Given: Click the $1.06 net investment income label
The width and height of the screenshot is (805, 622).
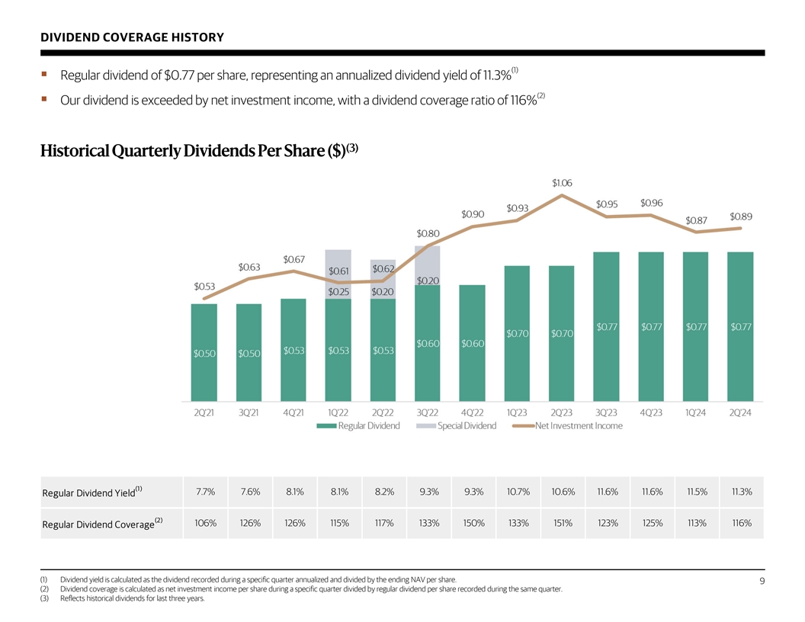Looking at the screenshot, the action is pyautogui.click(x=562, y=183).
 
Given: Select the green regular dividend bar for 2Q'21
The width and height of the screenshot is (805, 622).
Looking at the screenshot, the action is pyautogui.click(x=204, y=353).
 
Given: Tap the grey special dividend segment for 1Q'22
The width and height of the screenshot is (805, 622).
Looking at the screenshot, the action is pyautogui.click(x=338, y=274).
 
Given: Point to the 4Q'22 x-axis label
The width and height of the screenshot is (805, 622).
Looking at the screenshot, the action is pyautogui.click(x=472, y=412).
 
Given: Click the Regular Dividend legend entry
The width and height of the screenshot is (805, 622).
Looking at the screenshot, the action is pyautogui.click(x=358, y=426).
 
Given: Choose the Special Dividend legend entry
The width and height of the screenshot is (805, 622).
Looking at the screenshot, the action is pyautogui.click(x=456, y=426).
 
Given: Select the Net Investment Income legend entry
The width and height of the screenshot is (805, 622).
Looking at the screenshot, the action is pyautogui.click(x=567, y=426).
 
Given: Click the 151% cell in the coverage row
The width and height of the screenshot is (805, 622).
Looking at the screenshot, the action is pyautogui.click(x=563, y=523).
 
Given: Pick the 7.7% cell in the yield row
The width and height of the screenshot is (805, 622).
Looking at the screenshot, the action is pyautogui.click(x=205, y=492).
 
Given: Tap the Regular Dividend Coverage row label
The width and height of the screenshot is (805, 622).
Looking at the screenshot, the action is pyautogui.click(x=102, y=524).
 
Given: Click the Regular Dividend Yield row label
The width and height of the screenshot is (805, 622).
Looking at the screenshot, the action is pyautogui.click(x=92, y=492).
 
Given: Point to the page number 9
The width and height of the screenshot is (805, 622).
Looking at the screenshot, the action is pyautogui.click(x=762, y=581).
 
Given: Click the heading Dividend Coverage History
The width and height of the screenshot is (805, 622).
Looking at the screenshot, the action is pyautogui.click(x=132, y=37).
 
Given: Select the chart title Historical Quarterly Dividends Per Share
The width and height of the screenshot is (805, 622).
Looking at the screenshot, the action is pyautogui.click(x=199, y=151).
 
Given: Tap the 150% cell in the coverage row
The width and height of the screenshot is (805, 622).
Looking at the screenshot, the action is pyautogui.click(x=473, y=523).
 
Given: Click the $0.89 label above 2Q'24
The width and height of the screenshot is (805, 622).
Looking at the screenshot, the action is pyautogui.click(x=741, y=216).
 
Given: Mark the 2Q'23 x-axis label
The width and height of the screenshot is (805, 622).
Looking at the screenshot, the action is pyautogui.click(x=561, y=412).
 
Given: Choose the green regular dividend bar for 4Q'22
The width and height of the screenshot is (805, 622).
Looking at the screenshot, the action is pyautogui.click(x=472, y=343).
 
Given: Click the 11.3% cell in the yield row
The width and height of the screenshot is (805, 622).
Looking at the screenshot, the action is pyautogui.click(x=741, y=492).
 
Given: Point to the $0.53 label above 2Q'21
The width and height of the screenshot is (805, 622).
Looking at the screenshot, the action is pyautogui.click(x=204, y=287).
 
